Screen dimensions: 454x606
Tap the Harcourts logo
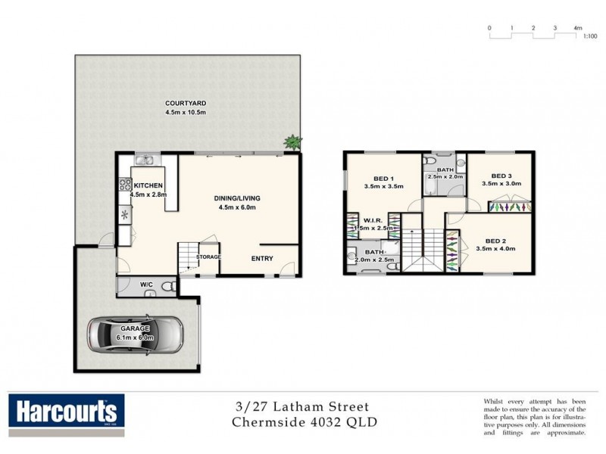pos(64,412)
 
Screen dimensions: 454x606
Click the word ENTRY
pos(262,257)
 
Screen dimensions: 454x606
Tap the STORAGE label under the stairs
pos(208,257)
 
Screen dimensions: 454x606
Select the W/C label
pos(146,285)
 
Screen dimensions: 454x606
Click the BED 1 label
pos(382,178)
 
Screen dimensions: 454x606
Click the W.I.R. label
pos(372,219)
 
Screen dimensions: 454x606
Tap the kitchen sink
pos(145,160)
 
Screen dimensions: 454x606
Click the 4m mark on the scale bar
pos(577,28)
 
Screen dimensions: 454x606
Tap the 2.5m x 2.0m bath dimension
pos(442,176)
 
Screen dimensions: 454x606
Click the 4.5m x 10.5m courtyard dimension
pos(186,112)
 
